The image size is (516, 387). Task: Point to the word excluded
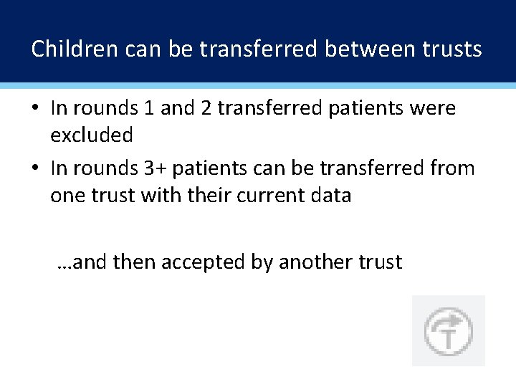(92, 135)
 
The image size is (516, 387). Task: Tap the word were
(431, 108)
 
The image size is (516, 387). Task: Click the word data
(333, 195)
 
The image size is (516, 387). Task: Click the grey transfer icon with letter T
(448, 331)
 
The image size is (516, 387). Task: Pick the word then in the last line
(134, 262)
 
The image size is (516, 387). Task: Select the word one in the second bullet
(67, 195)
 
